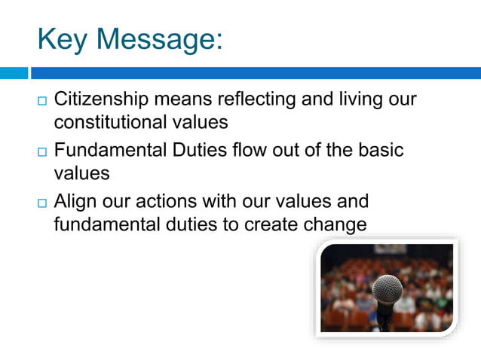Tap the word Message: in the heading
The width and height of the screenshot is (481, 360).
click(161, 38)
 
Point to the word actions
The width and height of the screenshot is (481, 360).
click(179, 202)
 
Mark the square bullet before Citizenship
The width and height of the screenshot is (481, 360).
click(41, 100)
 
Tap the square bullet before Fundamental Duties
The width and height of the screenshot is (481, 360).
click(41, 151)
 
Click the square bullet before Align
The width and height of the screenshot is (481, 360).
click(41, 202)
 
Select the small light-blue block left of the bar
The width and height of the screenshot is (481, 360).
click(14, 73)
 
